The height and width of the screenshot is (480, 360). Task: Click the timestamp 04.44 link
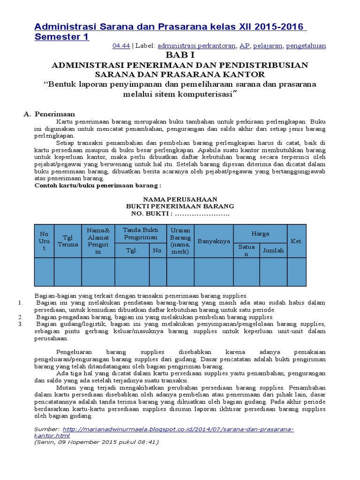(x=121, y=45)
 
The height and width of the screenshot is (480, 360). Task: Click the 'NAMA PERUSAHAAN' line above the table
(x=180, y=199)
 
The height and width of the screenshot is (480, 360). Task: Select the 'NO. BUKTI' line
(x=180, y=214)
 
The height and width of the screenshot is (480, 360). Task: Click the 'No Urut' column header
(x=44, y=241)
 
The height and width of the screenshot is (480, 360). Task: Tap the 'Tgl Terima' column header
(x=67, y=241)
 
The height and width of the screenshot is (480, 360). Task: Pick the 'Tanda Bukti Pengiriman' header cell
(x=140, y=233)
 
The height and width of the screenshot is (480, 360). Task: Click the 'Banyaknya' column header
(x=214, y=241)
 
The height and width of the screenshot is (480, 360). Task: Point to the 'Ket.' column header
(x=296, y=241)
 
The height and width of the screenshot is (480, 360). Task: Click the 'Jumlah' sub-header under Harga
(x=273, y=250)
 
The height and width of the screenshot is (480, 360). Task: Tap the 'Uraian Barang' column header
(x=180, y=241)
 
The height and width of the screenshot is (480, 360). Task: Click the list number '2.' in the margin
(x=21, y=317)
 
